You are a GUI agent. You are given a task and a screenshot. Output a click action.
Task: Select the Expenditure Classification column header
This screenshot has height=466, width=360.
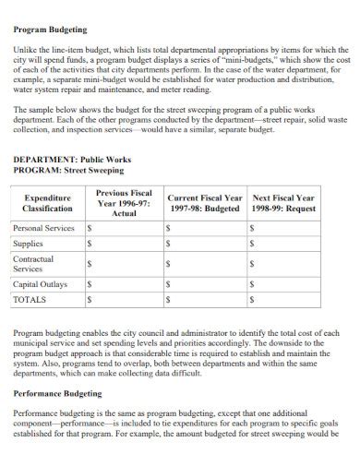pyautogui.click(x=47, y=204)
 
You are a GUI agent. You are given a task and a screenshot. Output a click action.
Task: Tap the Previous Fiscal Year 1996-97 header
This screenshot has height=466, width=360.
pyautogui.click(x=123, y=203)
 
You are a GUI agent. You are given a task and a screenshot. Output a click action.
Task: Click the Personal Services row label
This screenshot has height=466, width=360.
pyautogui.click(x=44, y=227)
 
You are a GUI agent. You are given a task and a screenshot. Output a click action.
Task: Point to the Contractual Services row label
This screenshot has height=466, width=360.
pyautogui.click(x=34, y=264)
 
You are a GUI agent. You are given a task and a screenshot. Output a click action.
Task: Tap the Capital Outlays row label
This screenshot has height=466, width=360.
pyautogui.click(x=40, y=284)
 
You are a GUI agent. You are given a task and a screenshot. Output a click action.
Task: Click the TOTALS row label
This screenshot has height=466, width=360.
pyautogui.click(x=30, y=300)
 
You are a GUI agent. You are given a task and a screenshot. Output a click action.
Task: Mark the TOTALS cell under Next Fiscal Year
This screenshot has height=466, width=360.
pyautogui.click(x=283, y=300)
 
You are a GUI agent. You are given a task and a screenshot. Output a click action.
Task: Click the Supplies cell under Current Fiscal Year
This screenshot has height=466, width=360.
pyautogui.click(x=204, y=244)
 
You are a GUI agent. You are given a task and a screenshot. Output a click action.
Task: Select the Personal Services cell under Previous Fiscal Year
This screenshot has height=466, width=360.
pyautogui.click(x=123, y=227)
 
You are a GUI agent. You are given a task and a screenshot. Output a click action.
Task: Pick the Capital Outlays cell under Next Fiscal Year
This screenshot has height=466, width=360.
pyautogui.click(x=283, y=284)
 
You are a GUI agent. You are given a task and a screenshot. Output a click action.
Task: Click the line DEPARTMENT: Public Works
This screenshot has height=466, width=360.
pyautogui.click(x=73, y=160)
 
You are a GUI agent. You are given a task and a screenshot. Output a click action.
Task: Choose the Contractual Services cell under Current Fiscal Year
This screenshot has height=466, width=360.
pyautogui.click(x=204, y=264)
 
